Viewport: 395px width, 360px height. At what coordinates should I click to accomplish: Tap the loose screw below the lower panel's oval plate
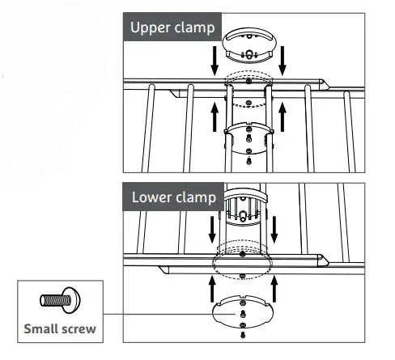tap(243, 335)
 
